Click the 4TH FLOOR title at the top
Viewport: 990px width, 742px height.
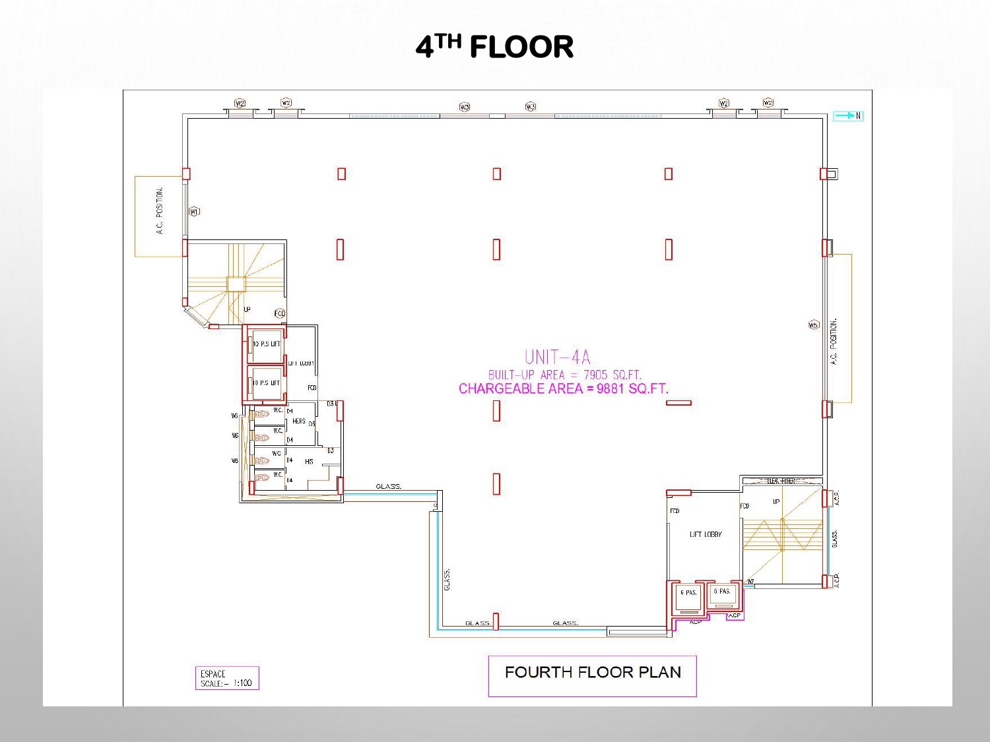[x=494, y=47]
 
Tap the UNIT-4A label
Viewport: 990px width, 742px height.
[x=558, y=357]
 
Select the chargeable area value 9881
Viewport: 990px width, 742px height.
[x=610, y=388]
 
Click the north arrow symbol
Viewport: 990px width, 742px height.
[x=847, y=116]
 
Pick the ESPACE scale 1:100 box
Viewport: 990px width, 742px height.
[x=226, y=679]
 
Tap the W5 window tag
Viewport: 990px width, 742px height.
[x=813, y=325]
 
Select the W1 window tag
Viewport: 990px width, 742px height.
[x=194, y=212]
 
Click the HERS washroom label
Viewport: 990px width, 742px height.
[x=299, y=421]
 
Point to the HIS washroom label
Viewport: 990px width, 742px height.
[x=309, y=462]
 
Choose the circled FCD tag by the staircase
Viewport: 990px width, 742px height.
[x=280, y=314]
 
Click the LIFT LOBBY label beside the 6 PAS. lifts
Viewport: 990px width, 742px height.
[x=706, y=534]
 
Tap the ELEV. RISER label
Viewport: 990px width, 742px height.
[x=781, y=481]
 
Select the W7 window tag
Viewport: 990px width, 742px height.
[x=750, y=582]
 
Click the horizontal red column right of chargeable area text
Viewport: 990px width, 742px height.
[x=678, y=402]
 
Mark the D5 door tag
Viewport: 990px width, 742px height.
[x=312, y=424]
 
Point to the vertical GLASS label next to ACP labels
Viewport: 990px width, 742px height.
[x=836, y=538]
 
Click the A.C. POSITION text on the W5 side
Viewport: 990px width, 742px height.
[x=834, y=341]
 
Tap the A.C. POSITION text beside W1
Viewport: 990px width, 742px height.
[x=160, y=211]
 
